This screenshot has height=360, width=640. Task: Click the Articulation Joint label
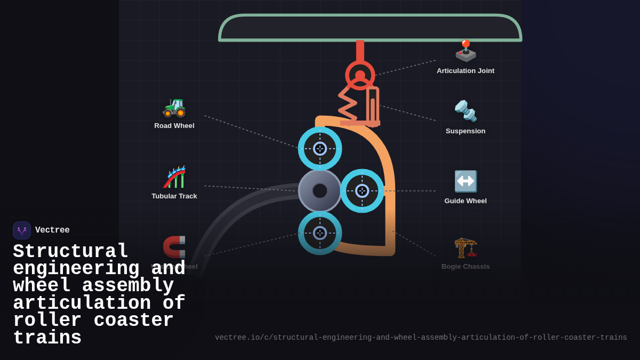pyautogui.click(x=465, y=71)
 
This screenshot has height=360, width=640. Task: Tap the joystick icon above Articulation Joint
pyautogui.click(x=465, y=51)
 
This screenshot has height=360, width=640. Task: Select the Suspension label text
pyautogui.click(x=465, y=131)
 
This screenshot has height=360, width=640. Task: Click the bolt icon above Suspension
pyautogui.click(x=465, y=111)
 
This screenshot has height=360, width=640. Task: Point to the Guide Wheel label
pyautogui.click(x=465, y=201)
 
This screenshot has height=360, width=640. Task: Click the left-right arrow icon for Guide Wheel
pyautogui.click(x=465, y=181)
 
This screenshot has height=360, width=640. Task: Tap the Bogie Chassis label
pyautogui.click(x=465, y=267)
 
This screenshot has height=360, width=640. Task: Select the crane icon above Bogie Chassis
pyautogui.click(x=465, y=247)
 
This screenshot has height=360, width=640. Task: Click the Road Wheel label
pyautogui.click(x=174, y=126)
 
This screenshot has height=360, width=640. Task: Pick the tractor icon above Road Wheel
pyautogui.click(x=174, y=107)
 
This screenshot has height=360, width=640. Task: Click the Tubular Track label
pyautogui.click(x=174, y=196)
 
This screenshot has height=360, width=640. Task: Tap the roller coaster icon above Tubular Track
pyautogui.click(x=174, y=177)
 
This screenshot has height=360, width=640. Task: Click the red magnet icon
pyautogui.click(x=174, y=246)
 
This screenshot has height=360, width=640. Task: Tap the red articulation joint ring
pyautogui.click(x=360, y=75)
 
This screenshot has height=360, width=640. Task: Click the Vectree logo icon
pyautogui.click(x=22, y=230)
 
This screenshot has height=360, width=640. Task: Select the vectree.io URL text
pyautogui.click(x=421, y=338)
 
